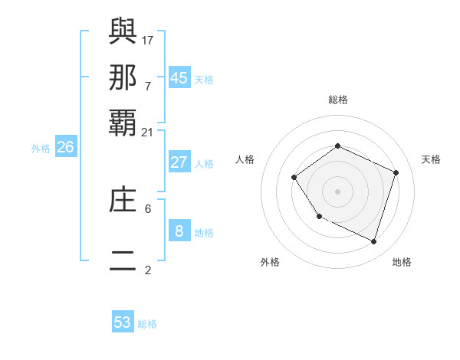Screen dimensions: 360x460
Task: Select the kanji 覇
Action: pyautogui.click(x=123, y=123)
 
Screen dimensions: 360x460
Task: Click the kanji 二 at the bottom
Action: pyautogui.click(x=123, y=260)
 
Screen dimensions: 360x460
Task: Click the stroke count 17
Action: pyautogui.click(x=148, y=40)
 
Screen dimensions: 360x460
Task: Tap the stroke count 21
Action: pyautogui.click(x=148, y=133)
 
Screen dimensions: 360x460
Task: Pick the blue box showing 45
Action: pyautogui.click(x=179, y=77)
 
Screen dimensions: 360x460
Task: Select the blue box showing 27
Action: pyautogui.click(x=179, y=162)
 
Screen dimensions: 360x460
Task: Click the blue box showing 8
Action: pyautogui.click(x=179, y=231)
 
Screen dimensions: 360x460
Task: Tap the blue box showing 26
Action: pyautogui.click(x=65, y=148)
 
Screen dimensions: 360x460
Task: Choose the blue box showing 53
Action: pyautogui.click(x=123, y=322)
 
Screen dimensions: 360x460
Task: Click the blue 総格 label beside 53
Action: pyautogui.click(x=147, y=324)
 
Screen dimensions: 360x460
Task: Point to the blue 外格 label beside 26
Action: pyautogui.click(x=41, y=149)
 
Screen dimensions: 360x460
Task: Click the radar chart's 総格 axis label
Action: pyautogui.click(x=337, y=100)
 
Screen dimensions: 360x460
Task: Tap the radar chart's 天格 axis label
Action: pyautogui.click(x=431, y=159)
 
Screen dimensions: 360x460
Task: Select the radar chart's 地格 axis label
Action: pyautogui.click(x=402, y=262)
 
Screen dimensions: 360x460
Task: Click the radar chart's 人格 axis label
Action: pyautogui.click(x=245, y=159)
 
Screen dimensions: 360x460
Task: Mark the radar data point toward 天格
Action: pyautogui.click(x=396, y=172)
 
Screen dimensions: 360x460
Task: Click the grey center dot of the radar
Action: pyautogui.click(x=337, y=191)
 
